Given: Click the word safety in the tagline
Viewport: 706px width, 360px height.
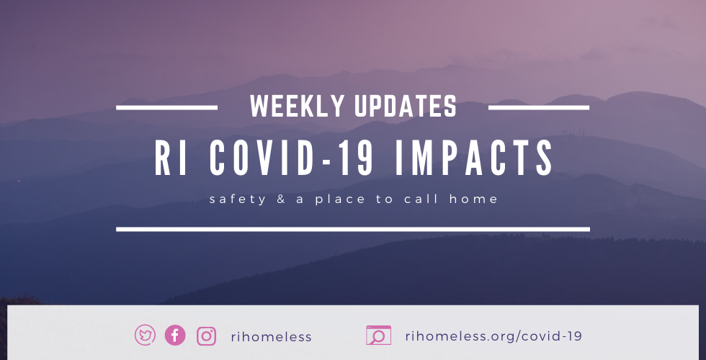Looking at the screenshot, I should pyautogui.click(x=238, y=199).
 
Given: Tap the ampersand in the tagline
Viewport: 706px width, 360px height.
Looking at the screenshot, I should pyautogui.click(x=282, y=199).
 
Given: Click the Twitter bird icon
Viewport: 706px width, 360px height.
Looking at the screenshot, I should pyautogui.click(x=146, y=336).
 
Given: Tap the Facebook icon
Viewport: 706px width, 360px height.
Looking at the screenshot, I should pyautogui.click(x=175, y=336).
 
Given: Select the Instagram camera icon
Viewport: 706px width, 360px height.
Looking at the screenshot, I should pyautogui.click(x=207, y=336).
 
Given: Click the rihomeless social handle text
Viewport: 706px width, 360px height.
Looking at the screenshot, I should pyautogui.click(x=272, y=336).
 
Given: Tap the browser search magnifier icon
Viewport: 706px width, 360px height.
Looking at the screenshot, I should pyautogui.click(x=378, y=336).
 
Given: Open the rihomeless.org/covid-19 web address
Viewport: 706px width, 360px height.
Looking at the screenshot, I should pyautogui.click(x=493, y=336).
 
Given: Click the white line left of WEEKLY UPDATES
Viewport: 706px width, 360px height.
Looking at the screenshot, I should pyautogui.click(x=166, y=107).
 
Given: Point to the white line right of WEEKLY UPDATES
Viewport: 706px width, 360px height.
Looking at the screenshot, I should pyautogui.click(x=539, y=107).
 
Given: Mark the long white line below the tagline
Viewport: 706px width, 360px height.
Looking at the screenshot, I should pyautogui.click(x=353, y=229).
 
